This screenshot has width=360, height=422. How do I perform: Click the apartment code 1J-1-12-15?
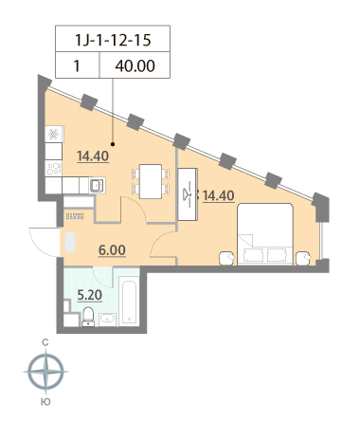click(113, 40)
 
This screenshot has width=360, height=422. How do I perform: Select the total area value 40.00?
click(135, 66)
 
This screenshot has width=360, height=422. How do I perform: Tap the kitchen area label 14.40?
click(93, 156)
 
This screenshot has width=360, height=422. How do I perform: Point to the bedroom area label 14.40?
click(219, 195)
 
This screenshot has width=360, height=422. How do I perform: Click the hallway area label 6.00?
click(112, 250)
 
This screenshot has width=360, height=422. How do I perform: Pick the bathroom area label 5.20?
click(90, 295)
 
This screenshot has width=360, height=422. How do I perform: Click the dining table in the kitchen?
click(151, 181)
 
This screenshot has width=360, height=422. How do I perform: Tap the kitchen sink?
click(97, 185)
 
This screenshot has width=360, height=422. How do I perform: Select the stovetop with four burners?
click(53, 168)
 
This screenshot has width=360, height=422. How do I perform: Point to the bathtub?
click(129, 301)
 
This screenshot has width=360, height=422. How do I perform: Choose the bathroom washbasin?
click(107, 320)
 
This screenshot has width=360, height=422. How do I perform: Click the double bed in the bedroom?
click(265, 234)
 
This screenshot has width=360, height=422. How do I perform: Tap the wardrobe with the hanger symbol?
click(188, 194)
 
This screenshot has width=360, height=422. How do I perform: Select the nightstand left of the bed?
click(227, 258)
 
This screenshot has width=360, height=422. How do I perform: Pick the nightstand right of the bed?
click(303, 258)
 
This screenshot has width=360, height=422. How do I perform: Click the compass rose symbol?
click(46, 372)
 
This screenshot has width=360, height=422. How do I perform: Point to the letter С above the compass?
click(45, 342)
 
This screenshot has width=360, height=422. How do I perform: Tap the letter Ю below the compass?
click(45, 402)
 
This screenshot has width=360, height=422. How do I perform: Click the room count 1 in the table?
click(77, 66)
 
